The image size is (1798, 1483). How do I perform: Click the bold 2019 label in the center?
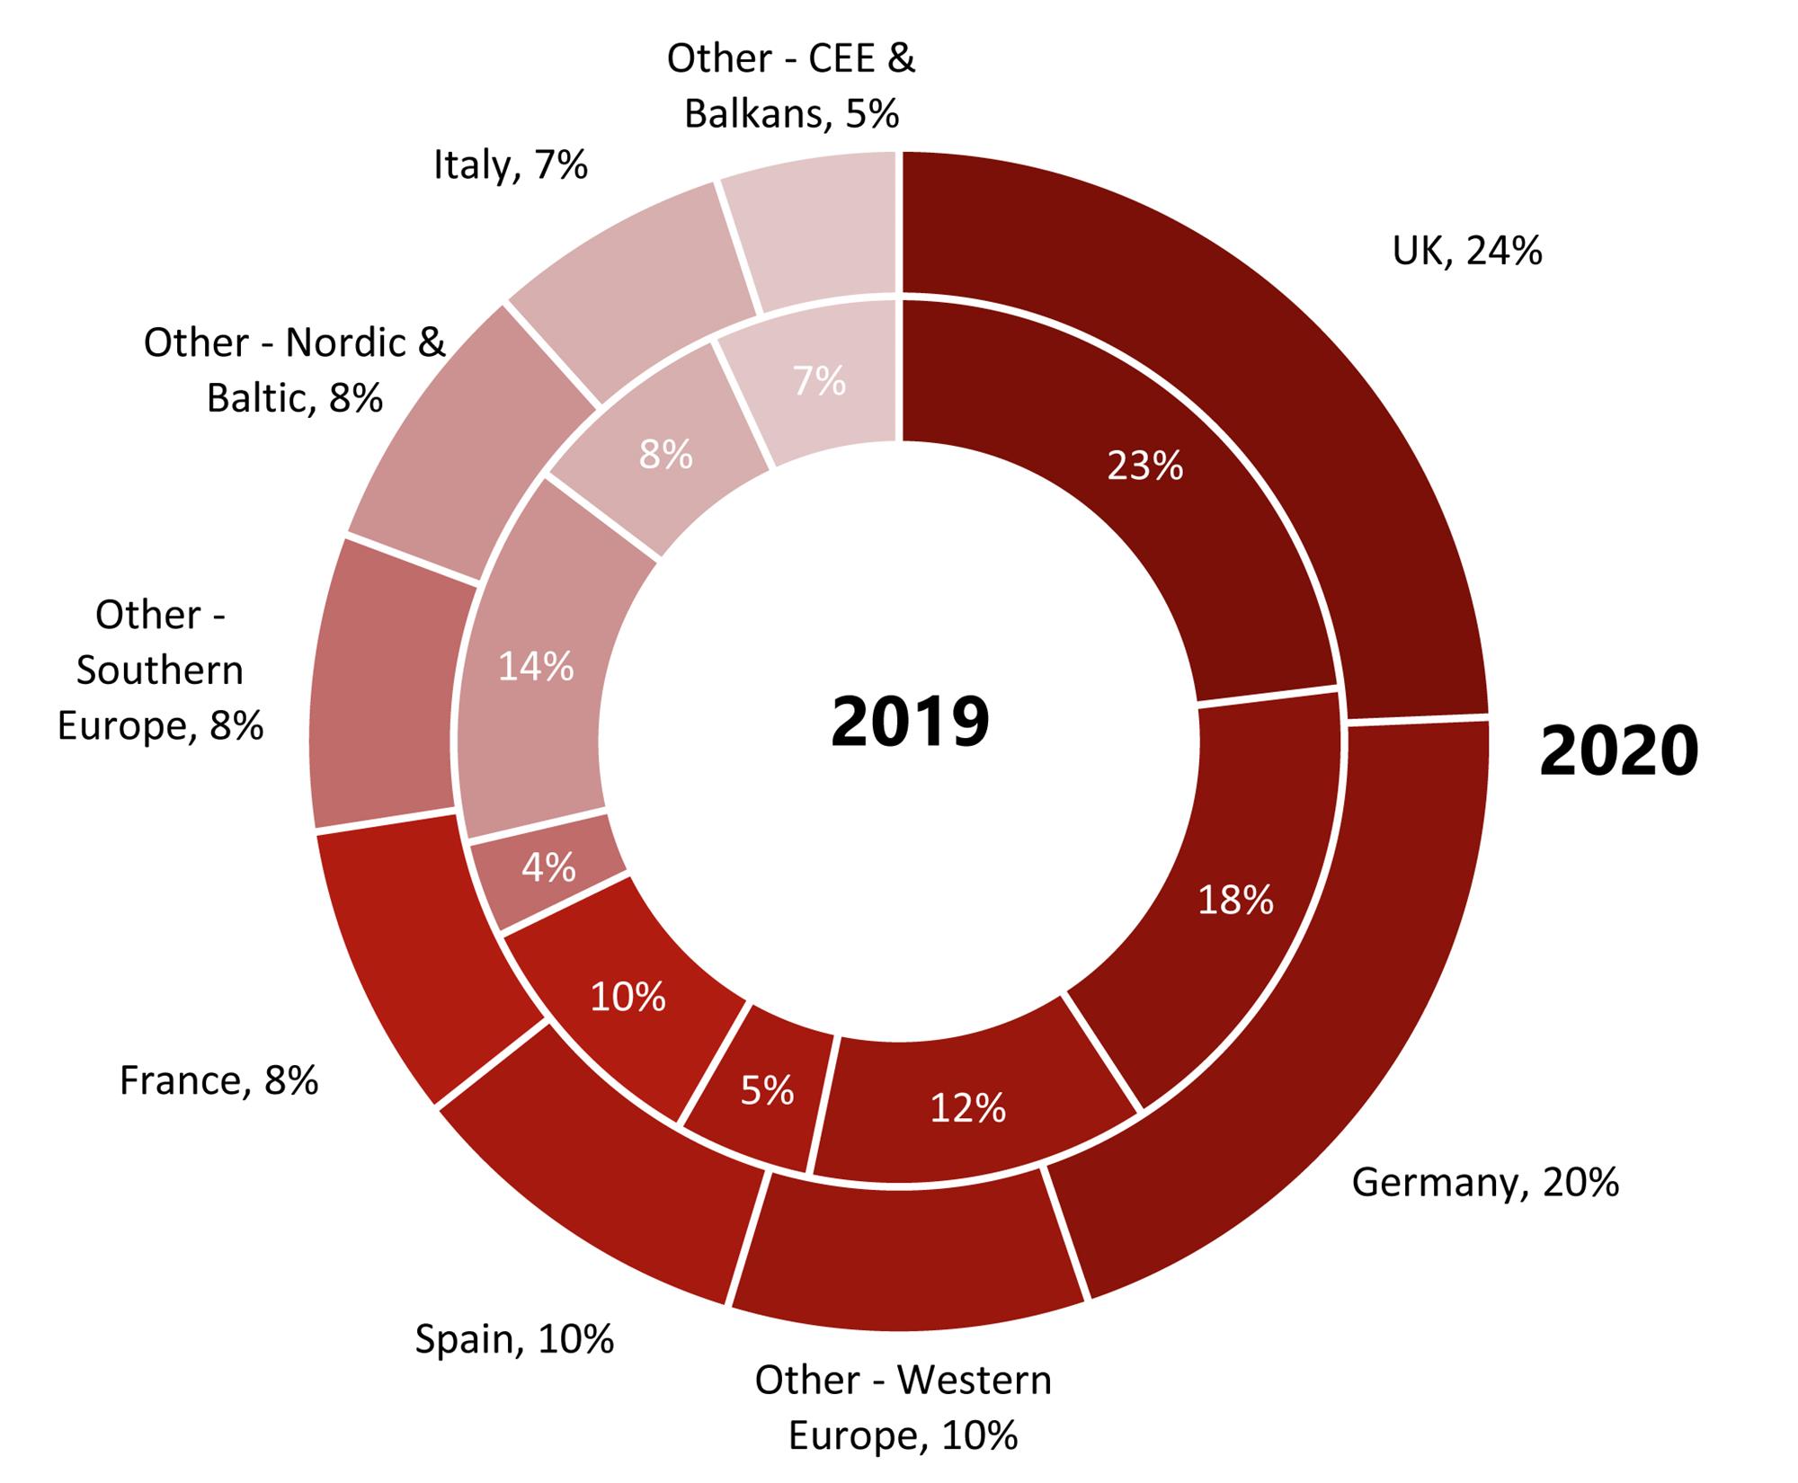click(910, 722)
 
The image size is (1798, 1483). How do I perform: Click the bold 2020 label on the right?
click(1618, 751)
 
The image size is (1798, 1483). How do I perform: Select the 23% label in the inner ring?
click(1144, 466)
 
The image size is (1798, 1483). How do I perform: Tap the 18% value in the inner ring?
click(1235, 900)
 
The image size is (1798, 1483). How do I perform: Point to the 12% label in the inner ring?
click(967, 1108)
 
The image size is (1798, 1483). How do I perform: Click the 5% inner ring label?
click(767, 1090)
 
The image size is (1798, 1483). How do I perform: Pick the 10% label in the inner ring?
click(628, 997)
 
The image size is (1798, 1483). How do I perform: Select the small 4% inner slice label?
click(548, 867)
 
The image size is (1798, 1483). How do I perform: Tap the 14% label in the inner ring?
click(536, 667)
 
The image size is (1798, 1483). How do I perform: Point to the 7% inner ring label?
click(819, 382)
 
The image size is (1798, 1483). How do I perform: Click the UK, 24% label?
click(1466, 251)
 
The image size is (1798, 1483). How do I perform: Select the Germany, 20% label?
click(1484, 1182)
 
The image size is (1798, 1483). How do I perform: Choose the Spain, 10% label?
click(514, 1339)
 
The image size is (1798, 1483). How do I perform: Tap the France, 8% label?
click(218, 1080)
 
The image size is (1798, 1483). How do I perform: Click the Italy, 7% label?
click(510, 165)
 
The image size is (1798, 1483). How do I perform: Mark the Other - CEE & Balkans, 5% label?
click(791, 86)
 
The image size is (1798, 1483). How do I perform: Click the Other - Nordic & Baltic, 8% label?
click(295, 369)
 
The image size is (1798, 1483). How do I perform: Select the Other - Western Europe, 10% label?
click(903, 1408)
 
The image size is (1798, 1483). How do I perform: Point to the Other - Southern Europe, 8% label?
click(160, 670)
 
